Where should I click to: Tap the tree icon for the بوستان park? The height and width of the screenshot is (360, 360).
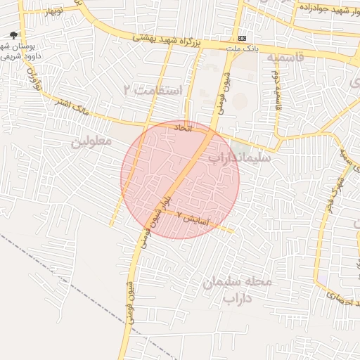point(14,35)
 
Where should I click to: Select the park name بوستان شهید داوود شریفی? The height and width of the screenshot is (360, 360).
point(20,51)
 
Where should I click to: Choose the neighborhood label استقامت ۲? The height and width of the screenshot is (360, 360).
point(152,91)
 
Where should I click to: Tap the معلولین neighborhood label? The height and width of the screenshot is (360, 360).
point(91,141)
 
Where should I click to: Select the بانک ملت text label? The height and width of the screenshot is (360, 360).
point(243,50)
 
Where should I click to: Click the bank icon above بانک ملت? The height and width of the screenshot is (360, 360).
point(243,37)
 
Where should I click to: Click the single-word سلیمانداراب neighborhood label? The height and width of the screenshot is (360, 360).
point(234,158)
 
